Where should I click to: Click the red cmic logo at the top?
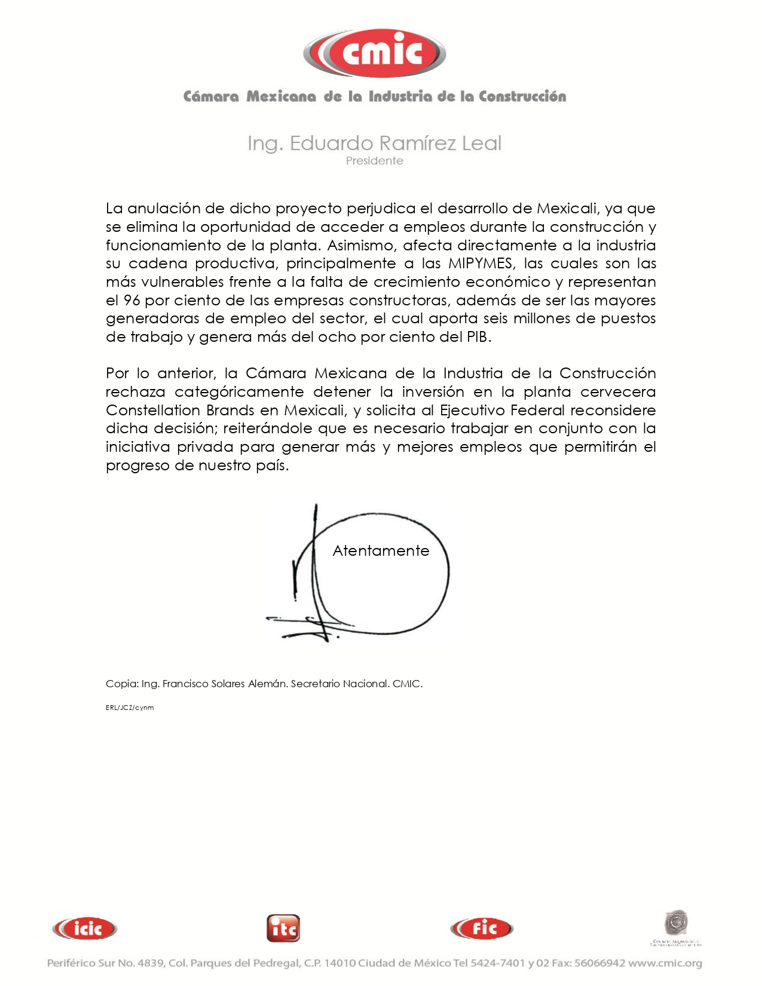(375, 53)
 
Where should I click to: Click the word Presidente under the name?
(375, 161)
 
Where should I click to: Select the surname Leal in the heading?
(482, 143)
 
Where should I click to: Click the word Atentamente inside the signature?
(381, 551)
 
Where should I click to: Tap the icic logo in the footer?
(85, 929)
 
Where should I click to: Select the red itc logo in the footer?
(283, 929)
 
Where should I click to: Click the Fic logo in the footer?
(482, 928)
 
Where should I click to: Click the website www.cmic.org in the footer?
(665, 963)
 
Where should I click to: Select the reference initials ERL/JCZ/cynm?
(130, 708)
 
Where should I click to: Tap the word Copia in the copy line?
(122, 684)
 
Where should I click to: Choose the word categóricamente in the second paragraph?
(240, 392)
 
